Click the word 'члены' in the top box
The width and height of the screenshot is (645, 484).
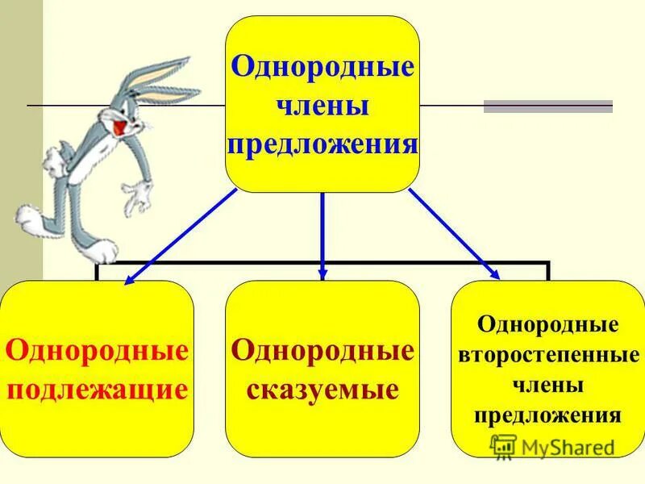322,106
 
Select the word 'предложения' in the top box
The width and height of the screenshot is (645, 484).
322,145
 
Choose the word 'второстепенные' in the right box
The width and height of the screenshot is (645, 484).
548,356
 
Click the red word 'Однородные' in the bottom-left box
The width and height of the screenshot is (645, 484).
97,351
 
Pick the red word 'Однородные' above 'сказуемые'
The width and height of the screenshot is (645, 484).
322,351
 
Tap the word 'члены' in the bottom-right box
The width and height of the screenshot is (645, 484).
548,386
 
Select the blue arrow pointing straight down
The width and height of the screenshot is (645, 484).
322,234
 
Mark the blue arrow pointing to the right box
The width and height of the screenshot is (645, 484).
453,234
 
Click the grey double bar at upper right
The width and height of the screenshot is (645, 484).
548,106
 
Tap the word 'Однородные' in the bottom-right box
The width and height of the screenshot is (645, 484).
548,326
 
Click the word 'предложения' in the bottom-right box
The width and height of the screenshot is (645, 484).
548,415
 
